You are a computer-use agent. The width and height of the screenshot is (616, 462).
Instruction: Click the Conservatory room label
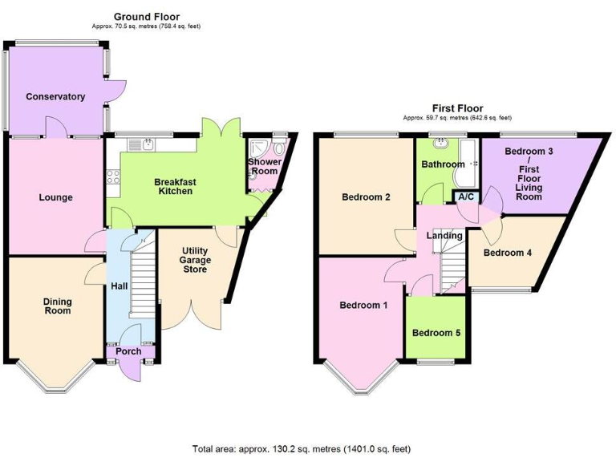[55, 97]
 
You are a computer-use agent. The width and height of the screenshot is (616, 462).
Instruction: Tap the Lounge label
[56, 197]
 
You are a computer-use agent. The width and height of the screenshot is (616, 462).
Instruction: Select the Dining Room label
[58, 306]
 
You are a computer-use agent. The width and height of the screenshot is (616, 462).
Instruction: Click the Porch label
[128, 351]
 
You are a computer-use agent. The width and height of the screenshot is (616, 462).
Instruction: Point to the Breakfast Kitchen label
[176, 187]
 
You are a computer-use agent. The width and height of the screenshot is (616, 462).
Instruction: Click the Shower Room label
[263, 166]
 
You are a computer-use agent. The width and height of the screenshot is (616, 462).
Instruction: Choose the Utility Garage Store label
[195, 260]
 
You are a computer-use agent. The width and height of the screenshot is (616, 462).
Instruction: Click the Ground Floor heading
[146, 16]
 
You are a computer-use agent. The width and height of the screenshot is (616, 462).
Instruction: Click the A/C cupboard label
[464, 197]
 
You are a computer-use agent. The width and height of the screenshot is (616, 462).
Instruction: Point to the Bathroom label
[443, 164]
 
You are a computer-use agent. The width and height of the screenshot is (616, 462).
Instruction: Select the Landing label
[444, 236]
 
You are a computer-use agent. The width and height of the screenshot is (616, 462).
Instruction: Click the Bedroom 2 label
[366, 197]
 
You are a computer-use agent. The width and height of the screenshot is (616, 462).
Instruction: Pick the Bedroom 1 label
[363, 305]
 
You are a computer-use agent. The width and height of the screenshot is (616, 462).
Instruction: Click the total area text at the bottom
[301, 448]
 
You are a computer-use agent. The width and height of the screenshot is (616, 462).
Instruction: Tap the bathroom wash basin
[440, 144]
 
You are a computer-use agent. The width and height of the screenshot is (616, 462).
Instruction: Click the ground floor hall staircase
[143, 277]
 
